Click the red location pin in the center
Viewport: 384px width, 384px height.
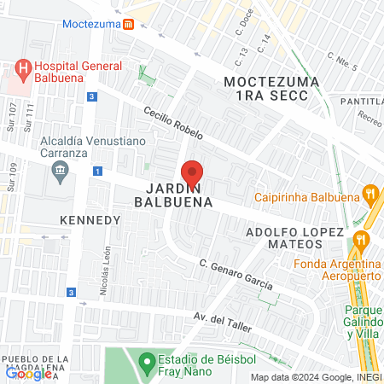coord(192,172)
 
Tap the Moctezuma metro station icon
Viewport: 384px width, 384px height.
coord(128,24)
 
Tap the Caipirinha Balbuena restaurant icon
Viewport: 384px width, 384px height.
coord(369,193)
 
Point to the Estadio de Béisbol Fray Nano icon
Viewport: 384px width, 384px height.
coord(145,359)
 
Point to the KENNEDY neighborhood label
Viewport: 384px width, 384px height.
coord(90,219)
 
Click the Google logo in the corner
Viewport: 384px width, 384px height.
coord(27,373)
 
